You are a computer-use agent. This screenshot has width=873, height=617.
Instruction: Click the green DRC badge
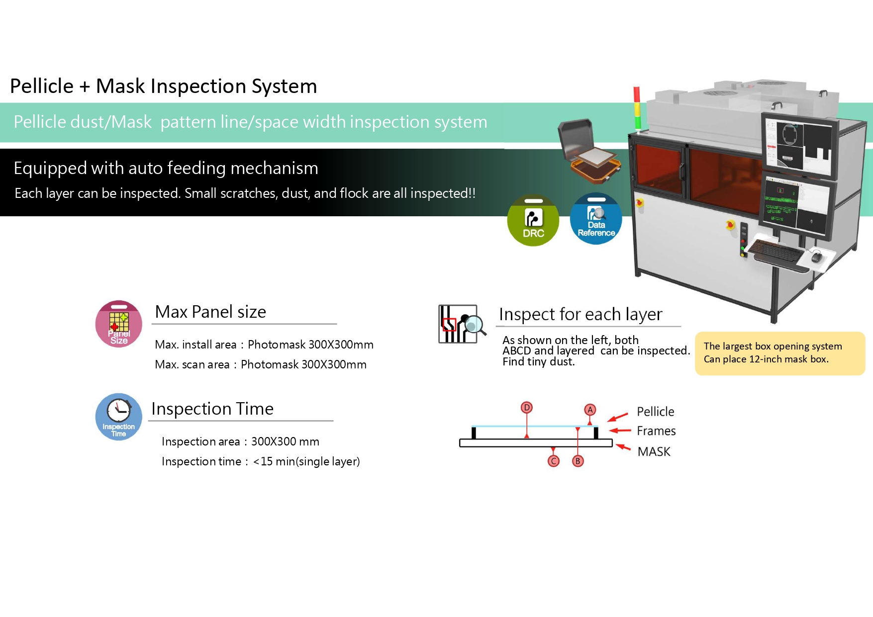coord(533,220)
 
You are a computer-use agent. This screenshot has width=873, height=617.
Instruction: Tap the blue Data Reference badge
coord(596,219)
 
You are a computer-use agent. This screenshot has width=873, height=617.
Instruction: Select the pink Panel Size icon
coord(119,324)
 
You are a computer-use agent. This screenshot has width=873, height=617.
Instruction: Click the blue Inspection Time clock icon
coord(119,417)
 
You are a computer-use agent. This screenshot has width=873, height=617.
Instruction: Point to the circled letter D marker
coord(526,408)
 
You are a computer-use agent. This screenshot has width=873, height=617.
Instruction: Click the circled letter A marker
coord(590,410)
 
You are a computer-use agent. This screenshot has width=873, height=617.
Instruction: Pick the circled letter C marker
coord(553,461)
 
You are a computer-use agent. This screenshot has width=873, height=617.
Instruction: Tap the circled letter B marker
coord(578,461)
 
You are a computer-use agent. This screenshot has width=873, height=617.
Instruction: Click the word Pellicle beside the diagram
coord(655,412)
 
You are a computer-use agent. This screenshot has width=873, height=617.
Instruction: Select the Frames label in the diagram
coord(656,431)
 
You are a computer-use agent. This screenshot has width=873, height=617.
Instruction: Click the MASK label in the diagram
coord(654,451)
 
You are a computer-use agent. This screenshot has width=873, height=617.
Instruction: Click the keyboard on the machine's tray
coord(776,251)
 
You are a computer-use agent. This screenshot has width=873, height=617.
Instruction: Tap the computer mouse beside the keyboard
coord(816,257)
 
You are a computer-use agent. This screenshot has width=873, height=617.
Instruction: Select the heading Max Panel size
coord(210,312)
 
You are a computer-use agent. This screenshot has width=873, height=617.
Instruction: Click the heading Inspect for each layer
coord(581,314)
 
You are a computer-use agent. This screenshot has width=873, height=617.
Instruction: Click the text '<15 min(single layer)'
coord(306,461)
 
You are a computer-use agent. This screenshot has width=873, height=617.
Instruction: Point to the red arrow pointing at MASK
coord(623,447)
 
